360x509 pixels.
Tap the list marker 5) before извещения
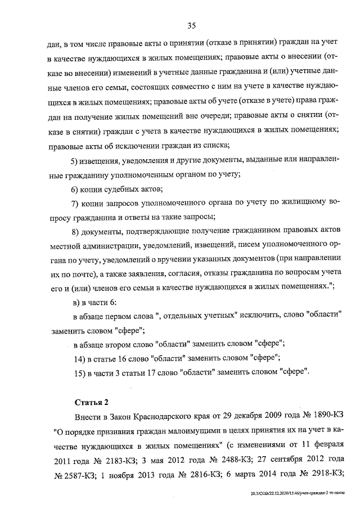[x=77, y=162]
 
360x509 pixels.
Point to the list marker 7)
[x=77, y=202]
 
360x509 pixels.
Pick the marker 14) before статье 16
[x=79, y=358]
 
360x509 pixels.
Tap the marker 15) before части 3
[x=79, y=372]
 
